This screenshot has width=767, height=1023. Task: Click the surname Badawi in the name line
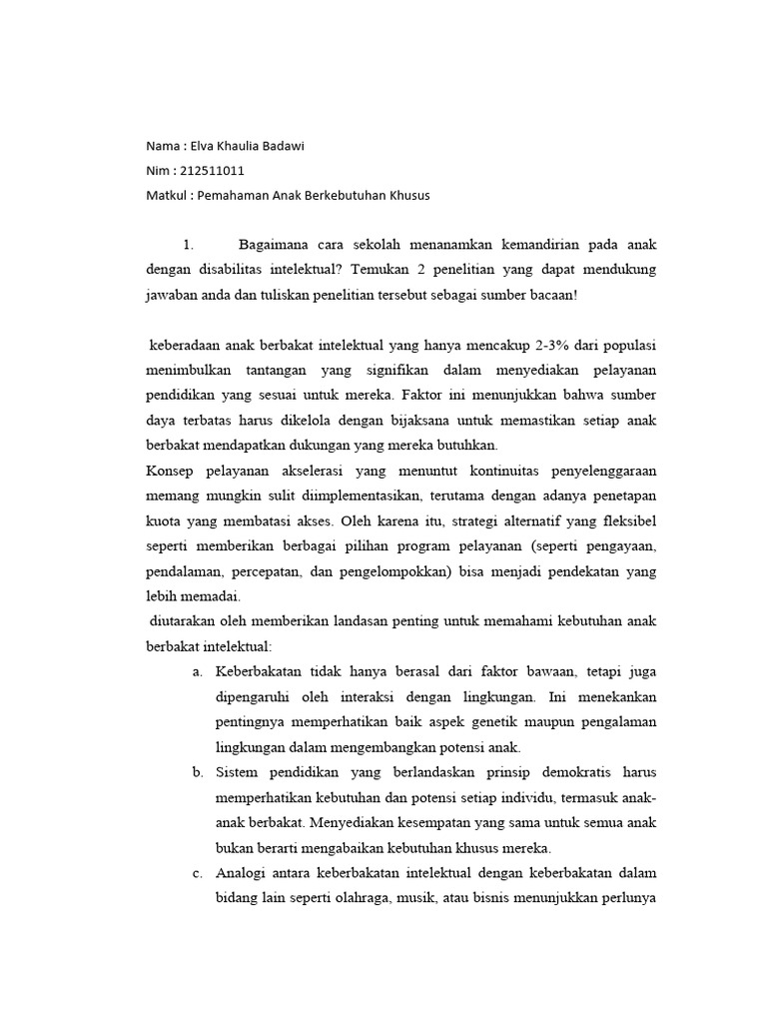[x=283, y=146]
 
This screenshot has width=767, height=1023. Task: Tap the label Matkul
[x=165, y=196]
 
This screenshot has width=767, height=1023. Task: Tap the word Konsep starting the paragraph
[x=172, y=471]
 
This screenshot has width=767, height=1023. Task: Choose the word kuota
[x=165, y=520]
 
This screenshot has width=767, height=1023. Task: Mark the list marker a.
[x=197, y=671]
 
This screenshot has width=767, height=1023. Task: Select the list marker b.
[x=197, y=772]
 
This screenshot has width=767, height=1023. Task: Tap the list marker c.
[x=197, y=873]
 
